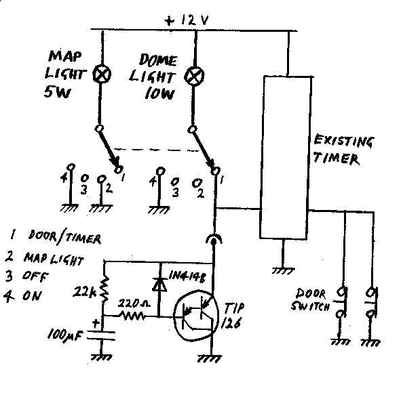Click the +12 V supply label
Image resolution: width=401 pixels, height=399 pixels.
187,20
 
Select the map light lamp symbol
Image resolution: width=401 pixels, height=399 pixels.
102,74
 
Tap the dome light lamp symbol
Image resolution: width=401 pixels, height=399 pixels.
194,76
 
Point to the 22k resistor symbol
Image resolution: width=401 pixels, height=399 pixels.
105,290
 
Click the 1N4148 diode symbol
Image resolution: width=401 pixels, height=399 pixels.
159,284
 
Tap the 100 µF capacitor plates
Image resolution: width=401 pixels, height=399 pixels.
101,336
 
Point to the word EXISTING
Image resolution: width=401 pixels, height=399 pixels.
344,141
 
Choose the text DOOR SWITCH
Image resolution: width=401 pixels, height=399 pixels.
311,299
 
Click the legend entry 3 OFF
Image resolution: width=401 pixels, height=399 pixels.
26,276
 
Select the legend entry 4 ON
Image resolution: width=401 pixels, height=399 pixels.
22,295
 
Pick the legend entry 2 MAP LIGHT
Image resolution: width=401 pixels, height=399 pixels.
45,258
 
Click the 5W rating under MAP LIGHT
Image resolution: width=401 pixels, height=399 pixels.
57,92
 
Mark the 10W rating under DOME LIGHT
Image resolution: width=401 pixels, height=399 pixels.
159,94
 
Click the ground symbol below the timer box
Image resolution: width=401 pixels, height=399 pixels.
283,270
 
